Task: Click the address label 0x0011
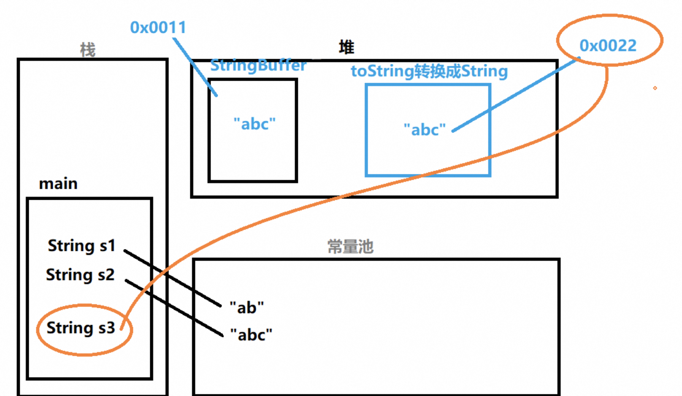click(158, 27)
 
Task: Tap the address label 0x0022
click(608, 46)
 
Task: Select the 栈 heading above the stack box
click(88, 50)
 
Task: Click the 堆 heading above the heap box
click(346, 47)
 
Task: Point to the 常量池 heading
click(350, 247)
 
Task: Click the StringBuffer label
click(258, 65)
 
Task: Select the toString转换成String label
click(429, 71)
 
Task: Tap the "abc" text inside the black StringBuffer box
click(254, 124)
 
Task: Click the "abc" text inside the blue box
click(425, 130)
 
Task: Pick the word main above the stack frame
click(58, 184)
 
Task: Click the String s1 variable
click(81, 246)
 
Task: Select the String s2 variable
click(80, 275)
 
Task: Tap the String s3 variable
click(81, 328)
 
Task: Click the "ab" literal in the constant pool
click(247, 307)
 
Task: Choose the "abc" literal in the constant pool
click(251, 335)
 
